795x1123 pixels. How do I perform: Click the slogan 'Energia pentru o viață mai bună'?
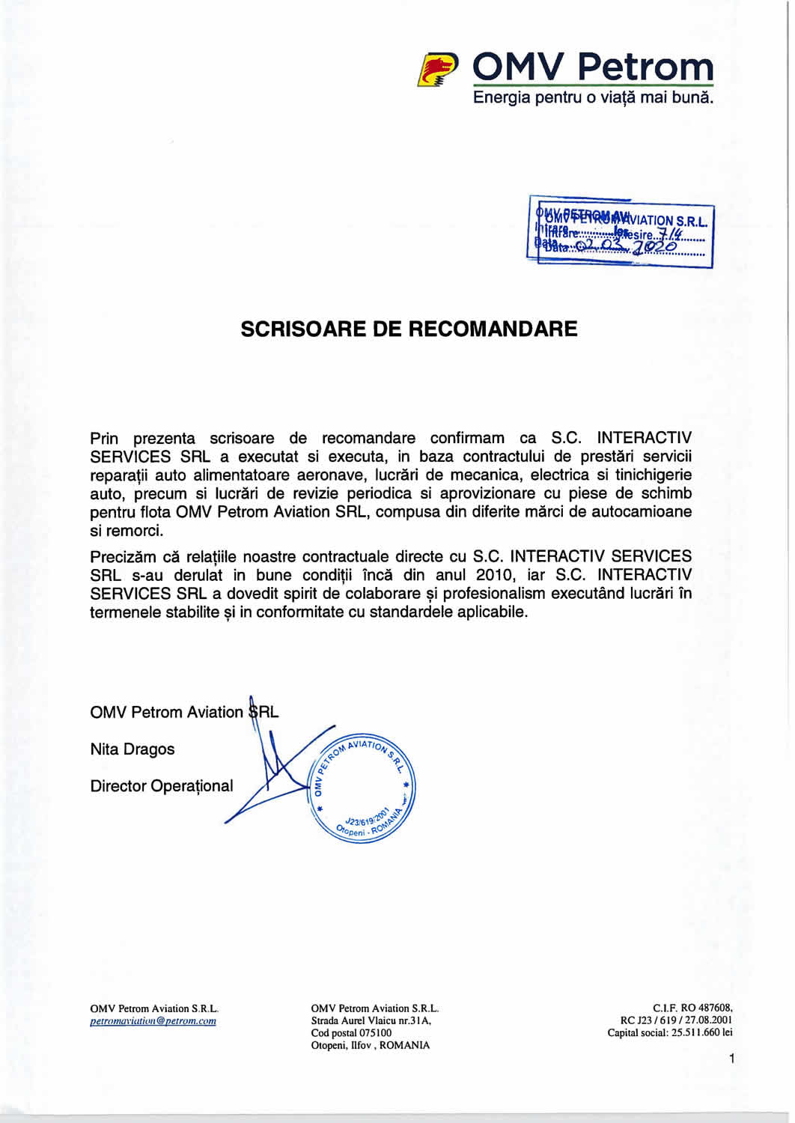593,98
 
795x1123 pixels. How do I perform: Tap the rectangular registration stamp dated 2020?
621,232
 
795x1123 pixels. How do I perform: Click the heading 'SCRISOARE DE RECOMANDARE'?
409,329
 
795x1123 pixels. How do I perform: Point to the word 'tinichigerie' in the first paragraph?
649,475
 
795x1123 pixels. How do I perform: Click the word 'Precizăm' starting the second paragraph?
123,557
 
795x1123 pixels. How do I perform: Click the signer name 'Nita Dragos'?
132,749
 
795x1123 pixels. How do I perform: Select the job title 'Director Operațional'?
161,786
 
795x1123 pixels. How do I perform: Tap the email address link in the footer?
153,1021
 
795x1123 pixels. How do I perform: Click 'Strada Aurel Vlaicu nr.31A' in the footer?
371,1020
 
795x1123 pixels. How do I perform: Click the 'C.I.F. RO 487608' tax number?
692,1008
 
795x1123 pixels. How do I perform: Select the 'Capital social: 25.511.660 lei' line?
670,1033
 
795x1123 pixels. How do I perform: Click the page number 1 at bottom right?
731,1059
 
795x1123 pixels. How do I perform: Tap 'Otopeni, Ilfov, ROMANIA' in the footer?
371,1045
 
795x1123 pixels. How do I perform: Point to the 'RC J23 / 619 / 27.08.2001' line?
676,1020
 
